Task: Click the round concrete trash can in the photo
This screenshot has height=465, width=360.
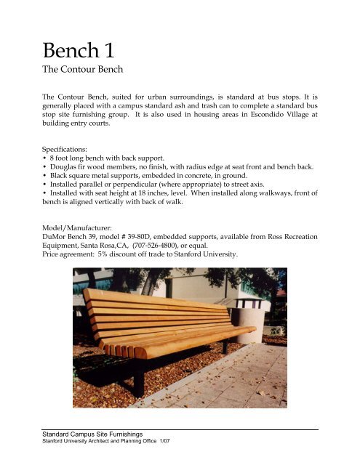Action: click(x=247, y=319)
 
